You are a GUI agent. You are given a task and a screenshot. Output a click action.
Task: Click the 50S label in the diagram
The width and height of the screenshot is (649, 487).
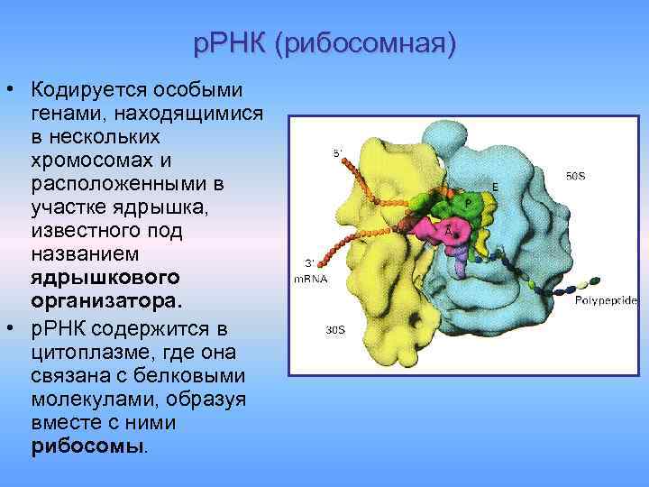575,177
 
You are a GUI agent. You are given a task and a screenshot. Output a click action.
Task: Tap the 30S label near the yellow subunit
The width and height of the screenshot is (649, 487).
334,329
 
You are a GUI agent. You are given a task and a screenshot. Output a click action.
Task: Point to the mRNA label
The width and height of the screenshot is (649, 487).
309,279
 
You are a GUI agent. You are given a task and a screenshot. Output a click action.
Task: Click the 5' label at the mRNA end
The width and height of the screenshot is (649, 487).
338,153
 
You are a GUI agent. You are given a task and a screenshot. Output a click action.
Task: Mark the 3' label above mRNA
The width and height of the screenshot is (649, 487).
309,262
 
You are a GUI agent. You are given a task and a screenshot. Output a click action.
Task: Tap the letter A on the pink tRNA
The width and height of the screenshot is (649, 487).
448,230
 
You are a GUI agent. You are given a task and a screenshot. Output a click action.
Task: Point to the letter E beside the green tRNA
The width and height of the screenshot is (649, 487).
494,187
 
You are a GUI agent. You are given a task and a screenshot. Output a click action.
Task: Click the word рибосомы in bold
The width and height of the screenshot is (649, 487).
87,446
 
